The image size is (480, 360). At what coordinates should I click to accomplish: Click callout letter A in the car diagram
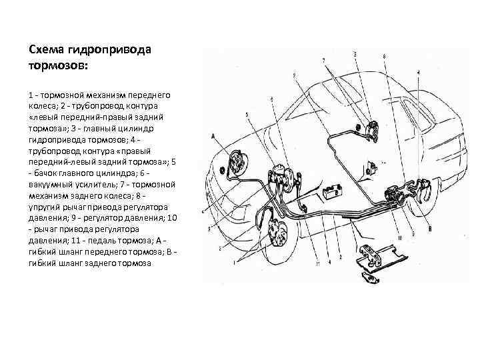pyautogui.click(x=213, y=134)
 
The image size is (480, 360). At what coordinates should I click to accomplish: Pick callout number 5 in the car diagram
pyautogui.click(x=246, y=115)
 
